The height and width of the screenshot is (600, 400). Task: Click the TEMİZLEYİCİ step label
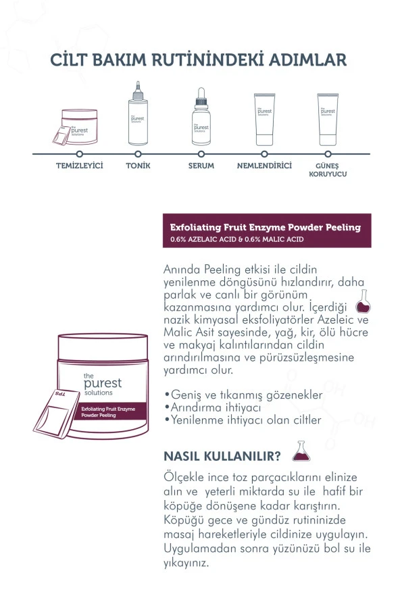[80, 166]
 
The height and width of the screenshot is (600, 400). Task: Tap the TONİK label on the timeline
[139, 166]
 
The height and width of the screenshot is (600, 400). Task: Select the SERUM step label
[201, 166]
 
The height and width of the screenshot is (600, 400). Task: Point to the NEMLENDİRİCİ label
[264, 166]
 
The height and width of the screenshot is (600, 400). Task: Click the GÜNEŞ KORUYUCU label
[328, 170]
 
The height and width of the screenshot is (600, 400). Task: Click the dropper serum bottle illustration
[201, 116]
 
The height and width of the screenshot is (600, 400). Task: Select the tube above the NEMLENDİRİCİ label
[264, 120]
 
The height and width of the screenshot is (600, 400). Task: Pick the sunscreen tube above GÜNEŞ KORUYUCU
[328, 120]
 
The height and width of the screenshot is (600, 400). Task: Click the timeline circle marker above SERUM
[201, 154]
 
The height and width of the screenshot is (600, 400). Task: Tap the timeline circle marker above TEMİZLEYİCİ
[80, 154]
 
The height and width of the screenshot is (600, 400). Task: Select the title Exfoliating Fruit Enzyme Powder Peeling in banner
[266, 227]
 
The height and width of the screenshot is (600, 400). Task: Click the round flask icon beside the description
[363, 301]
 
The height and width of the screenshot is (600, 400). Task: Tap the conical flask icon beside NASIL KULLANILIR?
[301, 451]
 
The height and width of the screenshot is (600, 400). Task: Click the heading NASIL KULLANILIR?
[222, 456]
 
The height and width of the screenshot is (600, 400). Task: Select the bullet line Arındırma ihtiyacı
[213, 407]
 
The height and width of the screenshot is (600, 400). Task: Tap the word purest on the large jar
[103, 383]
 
